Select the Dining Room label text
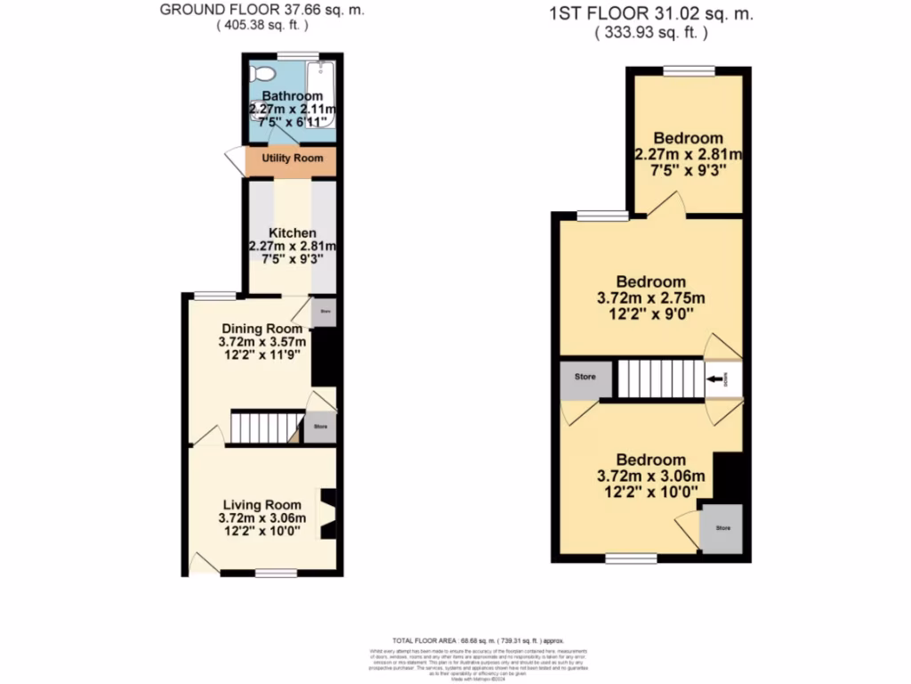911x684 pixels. tap(262, 328)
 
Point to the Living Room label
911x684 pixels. tap(262, 504)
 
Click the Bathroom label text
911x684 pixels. tap(292, 96)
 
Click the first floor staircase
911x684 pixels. tap(660, 379)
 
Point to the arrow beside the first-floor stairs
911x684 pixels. tap(715, 379)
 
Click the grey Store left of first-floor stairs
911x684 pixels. tap(584, 378)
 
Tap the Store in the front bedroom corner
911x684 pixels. tap(723, 529)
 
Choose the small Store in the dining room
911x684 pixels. tap(325, 313)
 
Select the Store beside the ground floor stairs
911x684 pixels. tap(320, 428)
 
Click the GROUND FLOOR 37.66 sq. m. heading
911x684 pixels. tap(262, 11)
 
